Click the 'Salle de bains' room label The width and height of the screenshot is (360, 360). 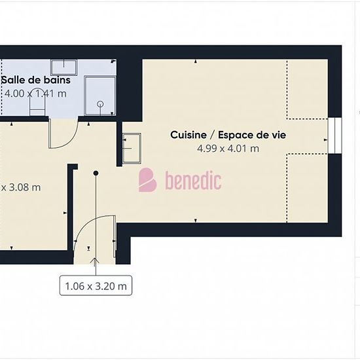click(x=36, y=80)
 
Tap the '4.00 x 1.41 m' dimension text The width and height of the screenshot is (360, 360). click(x=35, y=94)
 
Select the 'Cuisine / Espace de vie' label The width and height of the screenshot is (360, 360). click(x=228, y=135)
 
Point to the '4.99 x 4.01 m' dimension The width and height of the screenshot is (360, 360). click(x=228, y=149)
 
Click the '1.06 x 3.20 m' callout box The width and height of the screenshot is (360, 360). click(x=96, y=285)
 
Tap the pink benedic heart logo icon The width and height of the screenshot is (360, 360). click(x=148, y=180)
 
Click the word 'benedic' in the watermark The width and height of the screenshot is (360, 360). click(x=193, y=181)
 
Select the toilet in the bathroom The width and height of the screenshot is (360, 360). click(x=37, y=101)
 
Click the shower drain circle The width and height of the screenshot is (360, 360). click(x=100, y=104)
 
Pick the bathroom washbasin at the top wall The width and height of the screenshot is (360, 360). click(x=63, y=67)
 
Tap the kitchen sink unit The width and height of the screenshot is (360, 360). click(x=132, y=149)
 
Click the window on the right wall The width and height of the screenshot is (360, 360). click(x=334, y=135)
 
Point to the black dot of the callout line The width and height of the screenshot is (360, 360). click(x=96, y=173)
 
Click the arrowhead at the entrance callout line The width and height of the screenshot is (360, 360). click(x=95, y=261)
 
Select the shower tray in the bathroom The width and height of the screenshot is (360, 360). click(x=100, y=96)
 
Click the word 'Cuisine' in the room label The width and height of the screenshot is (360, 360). click(x=189, y=135)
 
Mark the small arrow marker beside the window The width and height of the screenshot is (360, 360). click(x=325, y=139)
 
